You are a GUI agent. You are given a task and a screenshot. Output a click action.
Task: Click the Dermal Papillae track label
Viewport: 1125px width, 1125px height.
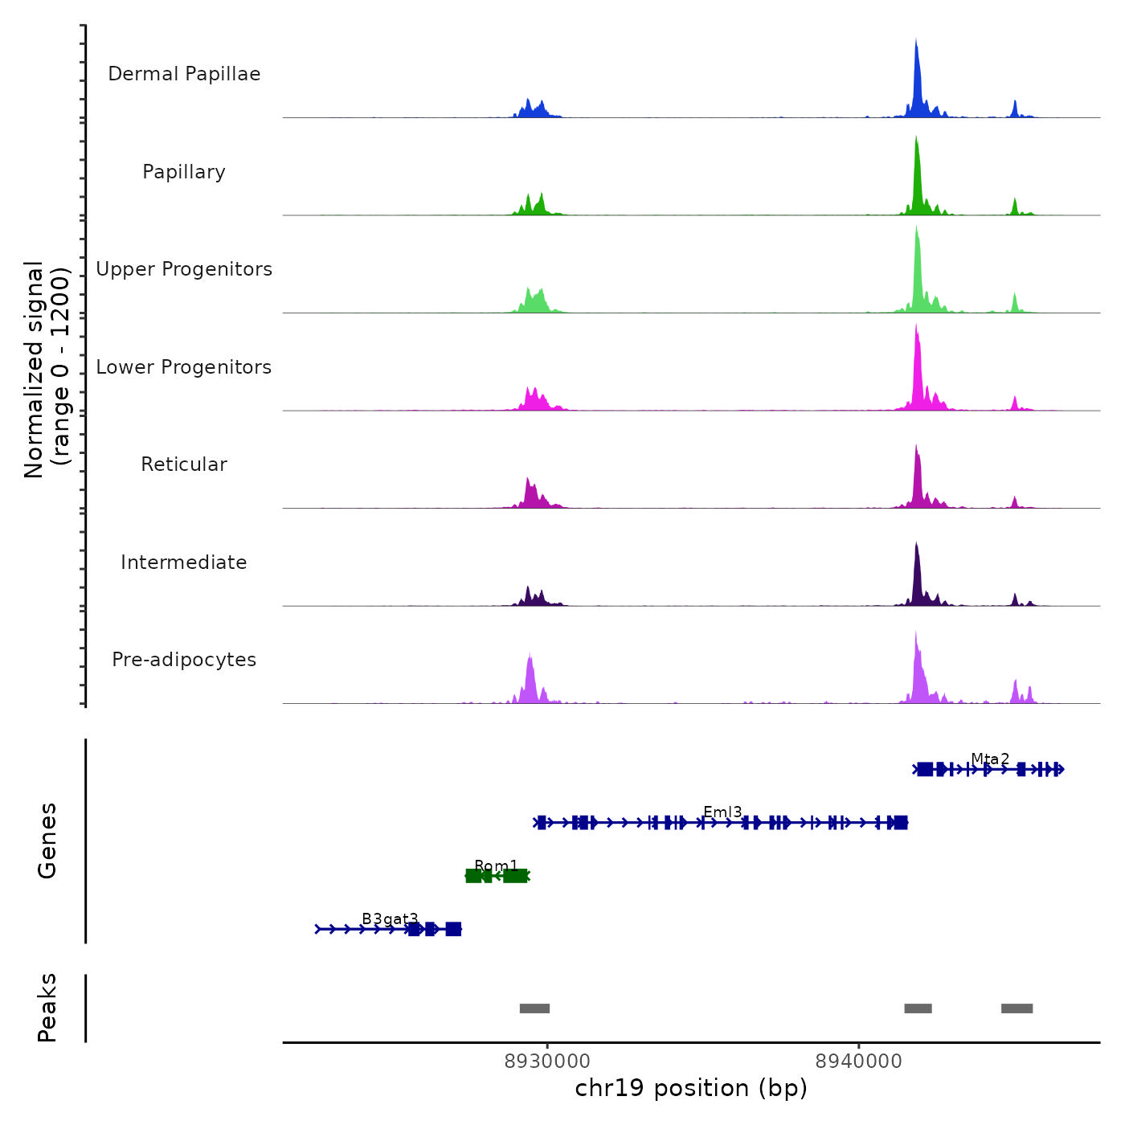(x=184, y=74)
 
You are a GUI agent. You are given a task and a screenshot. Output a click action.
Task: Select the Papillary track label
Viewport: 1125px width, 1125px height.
(x=184, y=172)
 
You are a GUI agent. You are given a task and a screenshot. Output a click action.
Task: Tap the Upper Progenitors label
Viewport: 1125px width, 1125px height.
(x=184, y=269)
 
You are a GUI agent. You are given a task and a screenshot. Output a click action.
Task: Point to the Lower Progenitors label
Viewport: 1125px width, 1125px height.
(x=184, y=367)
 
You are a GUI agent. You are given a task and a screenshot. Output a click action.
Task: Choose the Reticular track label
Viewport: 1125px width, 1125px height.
(x=184, y=464)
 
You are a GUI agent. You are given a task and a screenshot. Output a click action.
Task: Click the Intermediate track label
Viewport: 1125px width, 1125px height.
(x=184, y=562)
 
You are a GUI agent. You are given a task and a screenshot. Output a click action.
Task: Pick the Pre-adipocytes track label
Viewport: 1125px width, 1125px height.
(x=184, y=660)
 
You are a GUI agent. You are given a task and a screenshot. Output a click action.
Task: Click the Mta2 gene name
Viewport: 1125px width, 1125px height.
(x=990, y=759)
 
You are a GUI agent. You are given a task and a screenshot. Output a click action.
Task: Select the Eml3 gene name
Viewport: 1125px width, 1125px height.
(x=722, y=812)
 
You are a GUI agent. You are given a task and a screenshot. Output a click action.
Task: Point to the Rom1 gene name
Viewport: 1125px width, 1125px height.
(x=496, y=866)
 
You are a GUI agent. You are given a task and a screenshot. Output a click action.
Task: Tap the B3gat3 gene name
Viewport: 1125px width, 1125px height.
(x=390, y=919)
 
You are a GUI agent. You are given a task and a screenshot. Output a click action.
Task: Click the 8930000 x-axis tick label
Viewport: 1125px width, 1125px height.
(x=547, y=1062)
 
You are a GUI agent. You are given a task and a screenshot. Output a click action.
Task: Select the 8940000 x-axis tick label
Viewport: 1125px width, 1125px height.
(x=858, y=1062)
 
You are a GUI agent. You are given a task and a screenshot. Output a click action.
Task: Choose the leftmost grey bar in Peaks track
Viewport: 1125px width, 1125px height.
(x=534, y=1008)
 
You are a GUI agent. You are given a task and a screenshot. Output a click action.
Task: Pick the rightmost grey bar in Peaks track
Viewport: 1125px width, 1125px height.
(x=1017, y=1008)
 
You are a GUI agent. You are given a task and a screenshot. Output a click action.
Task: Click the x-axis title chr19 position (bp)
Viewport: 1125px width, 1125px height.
(x=691, y=1088)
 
